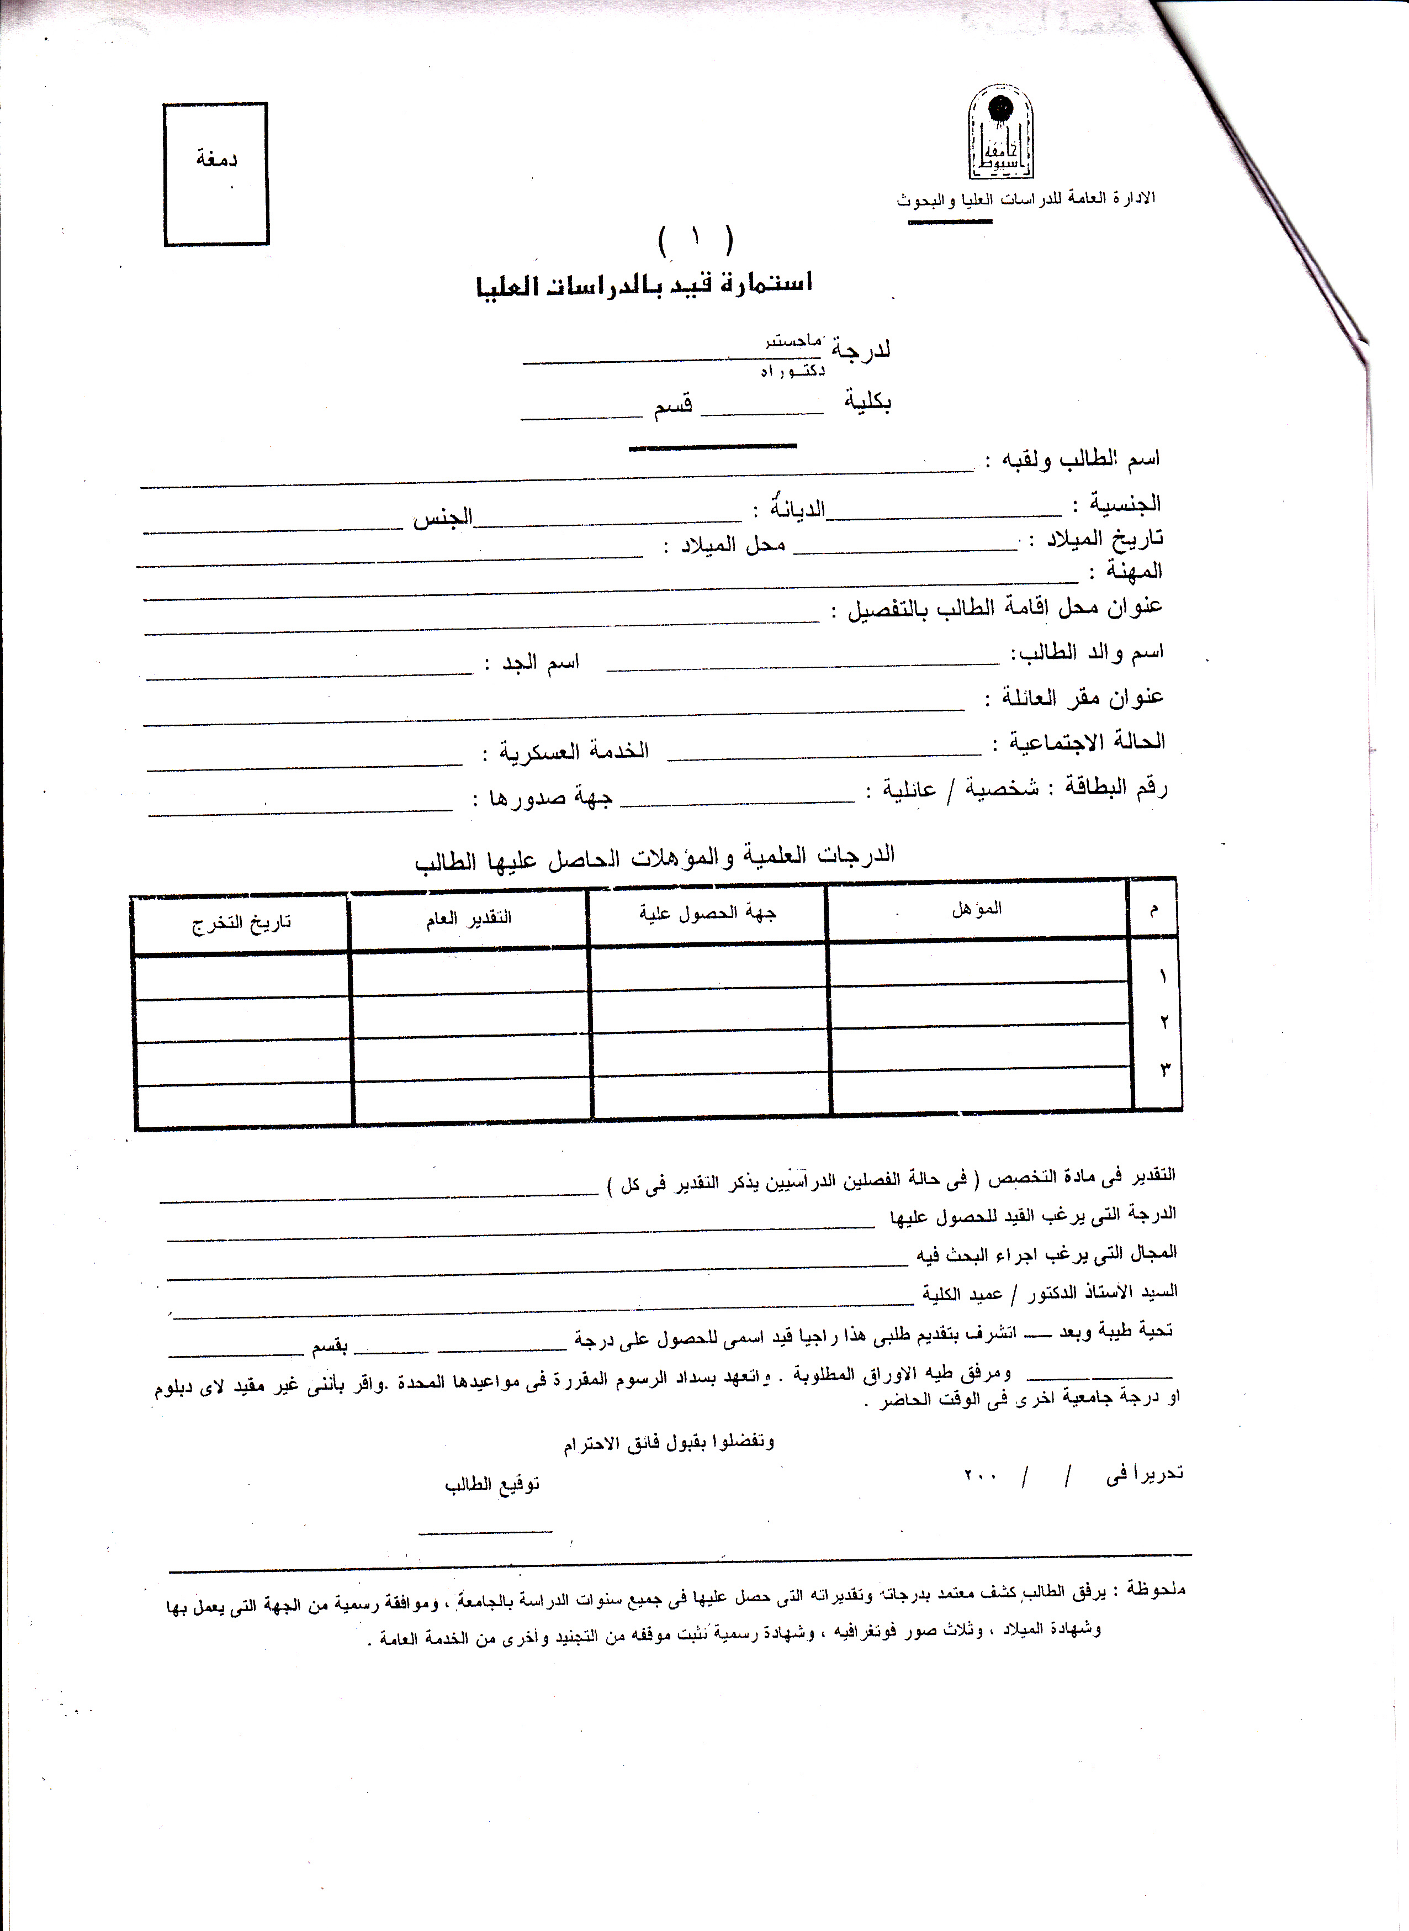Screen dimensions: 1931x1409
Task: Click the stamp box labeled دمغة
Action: click(x=216, y=174)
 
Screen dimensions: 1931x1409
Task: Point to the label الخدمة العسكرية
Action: click(x=574, y=751)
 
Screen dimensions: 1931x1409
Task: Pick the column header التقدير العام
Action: click(x=469, y=918)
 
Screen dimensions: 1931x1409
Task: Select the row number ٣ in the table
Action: click(x=1164, y=1069)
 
